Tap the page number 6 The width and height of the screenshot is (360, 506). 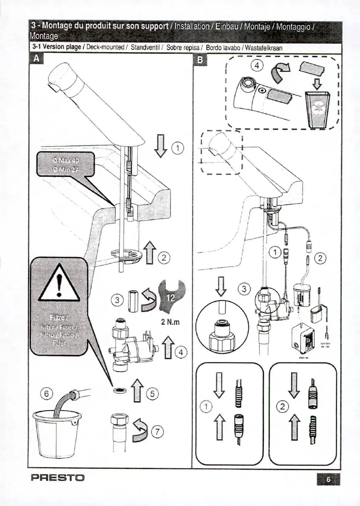coord(328,479)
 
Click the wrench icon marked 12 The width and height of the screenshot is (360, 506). coord(169,296)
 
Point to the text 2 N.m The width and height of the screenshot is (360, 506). coord(170,321)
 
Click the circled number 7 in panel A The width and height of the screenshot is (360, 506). coord(158,432)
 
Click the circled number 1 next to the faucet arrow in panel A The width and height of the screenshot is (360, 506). coord(178,148)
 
